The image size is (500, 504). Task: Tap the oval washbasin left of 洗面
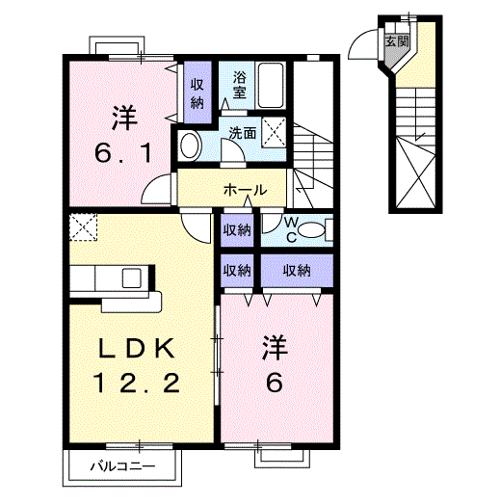[191, 146]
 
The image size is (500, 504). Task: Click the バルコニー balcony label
[122, 468]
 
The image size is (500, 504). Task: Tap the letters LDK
[135, 347]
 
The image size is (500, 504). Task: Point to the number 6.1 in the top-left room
[120, 152]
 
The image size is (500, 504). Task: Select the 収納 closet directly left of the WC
[237, 230]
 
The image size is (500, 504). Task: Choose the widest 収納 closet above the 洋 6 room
[297, 271]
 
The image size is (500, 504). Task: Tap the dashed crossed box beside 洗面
[276, 129]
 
